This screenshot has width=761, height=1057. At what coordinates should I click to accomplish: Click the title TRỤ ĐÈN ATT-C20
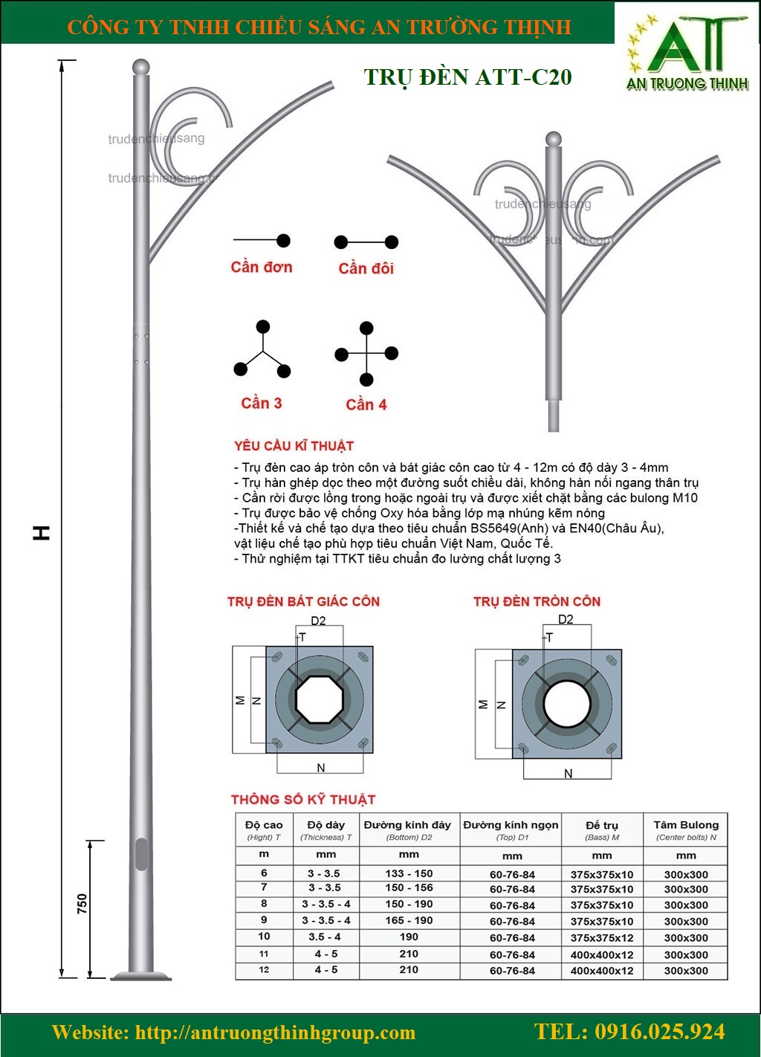pyautogui.click(x=467, y=77)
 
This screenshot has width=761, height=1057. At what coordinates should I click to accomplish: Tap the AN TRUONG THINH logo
pyautogui.click(x=687, y=56)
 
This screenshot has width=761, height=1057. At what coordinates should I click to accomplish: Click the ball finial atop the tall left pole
pyautogui.click(x=140, y=67)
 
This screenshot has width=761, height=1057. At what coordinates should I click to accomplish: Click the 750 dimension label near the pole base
pyautogui.click(x=82, y=903)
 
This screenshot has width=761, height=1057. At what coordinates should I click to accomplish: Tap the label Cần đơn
pyautogui.click(x=262, y=267)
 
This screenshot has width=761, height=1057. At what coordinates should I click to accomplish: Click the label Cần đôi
pyautogui.click(x=366, y=268)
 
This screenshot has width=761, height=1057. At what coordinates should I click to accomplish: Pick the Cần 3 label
pyautogui.click(x=262, y=404)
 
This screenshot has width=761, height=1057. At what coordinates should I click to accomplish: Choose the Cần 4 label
pyautogui.click(x=366, y=405)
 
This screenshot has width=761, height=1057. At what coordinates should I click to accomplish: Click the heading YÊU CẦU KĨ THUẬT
pyautogui.click(x=294, y=446)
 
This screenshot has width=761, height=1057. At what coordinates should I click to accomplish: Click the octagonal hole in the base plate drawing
pyautogui.click(x=320, y=699)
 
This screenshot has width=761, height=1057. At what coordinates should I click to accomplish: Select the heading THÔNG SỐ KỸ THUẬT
pyautogui.click(x=303, y=800)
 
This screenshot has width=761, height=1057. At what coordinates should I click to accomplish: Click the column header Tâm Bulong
pyautogui.click(x=686, y=825)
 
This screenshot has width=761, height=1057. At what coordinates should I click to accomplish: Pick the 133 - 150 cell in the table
pyautogui.click(x=409, y=873)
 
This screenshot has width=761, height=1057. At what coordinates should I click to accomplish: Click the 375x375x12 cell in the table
pyautogui.click(x=602, y=938)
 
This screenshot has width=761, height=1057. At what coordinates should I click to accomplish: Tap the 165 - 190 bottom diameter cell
pyautogui.click(x=409, y=920)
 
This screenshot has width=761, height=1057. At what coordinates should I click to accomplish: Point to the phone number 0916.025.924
pyautogui.click(x=629, y=1032)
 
